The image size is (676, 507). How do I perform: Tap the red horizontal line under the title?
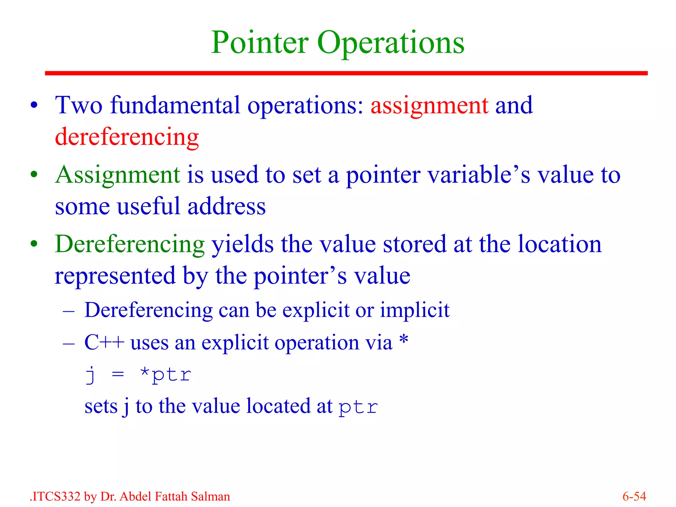pyautogui.click(x=346, y=73)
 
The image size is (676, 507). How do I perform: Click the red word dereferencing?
pyautogui.click(x=127, y=137)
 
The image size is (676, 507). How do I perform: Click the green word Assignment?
pyautogui.click(x=118, y=175)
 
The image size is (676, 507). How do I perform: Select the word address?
pyautogui.click(x=226, y=206)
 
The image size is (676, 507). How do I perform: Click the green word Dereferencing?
pyautogui.click(x=130, y=245)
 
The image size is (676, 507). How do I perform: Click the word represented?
pyautogui.click(x=115, y=276)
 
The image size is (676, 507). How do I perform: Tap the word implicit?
pyautogui.click(x=415, y=310)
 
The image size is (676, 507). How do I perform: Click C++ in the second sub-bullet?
pyautogui.click(x=104, y=342)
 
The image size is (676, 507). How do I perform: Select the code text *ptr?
pyautogui.click(x=166, y=375)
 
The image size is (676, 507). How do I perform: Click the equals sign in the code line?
pyautogui.click(x=118, y=375)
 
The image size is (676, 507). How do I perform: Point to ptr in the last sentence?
pyautogui.click(x=358, y=407)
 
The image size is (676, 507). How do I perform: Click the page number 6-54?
pyautogui.click(x=634, y=496)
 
